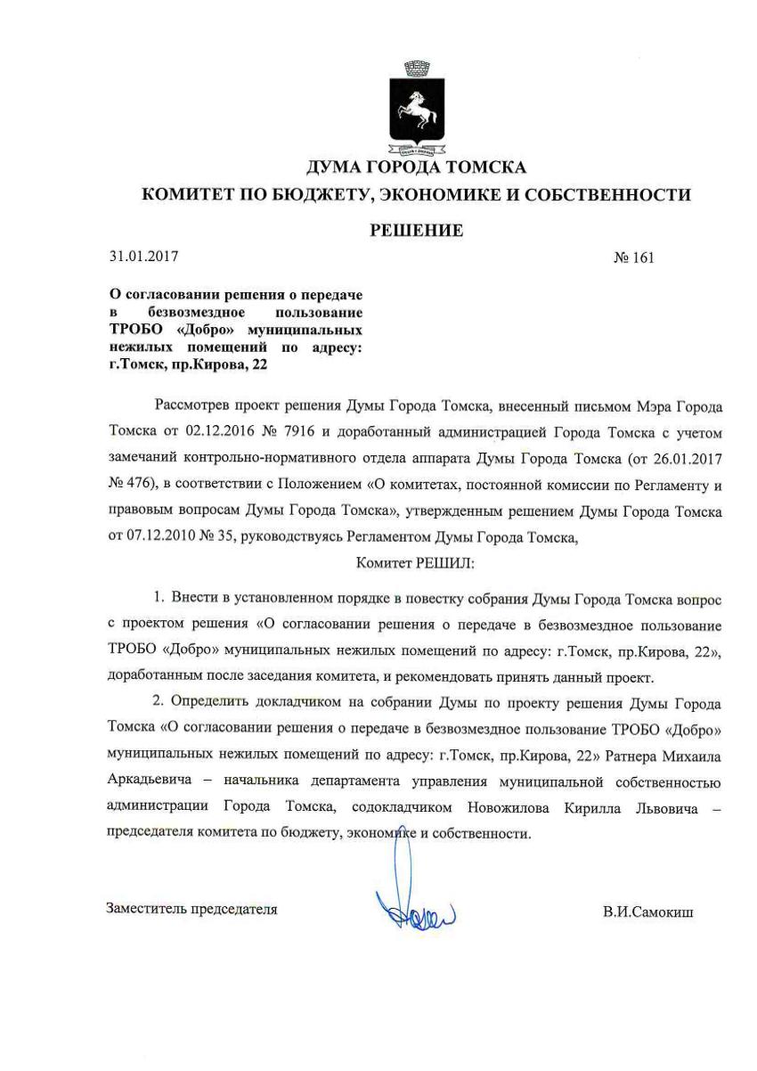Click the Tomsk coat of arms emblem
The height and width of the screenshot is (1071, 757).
[x=417, y=105]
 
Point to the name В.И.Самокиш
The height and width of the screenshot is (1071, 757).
[x=647, y=912]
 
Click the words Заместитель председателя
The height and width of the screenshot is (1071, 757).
[x=191, y=910]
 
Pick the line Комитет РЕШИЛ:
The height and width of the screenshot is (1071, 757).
[x=415, y=563]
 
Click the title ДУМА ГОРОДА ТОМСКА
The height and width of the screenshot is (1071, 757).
[x=416, y=167]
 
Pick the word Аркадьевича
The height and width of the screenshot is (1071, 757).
[x=150, y=782]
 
